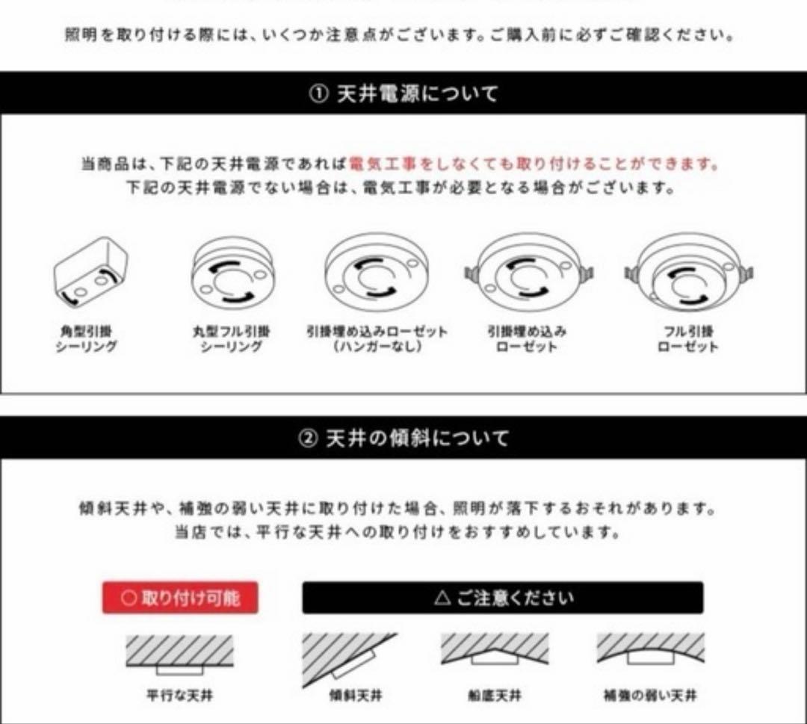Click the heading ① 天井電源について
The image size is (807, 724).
[403, 93]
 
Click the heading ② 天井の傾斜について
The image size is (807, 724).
[403, 438]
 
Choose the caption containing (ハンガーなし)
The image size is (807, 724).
[377, 347]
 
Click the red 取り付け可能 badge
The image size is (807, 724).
[180, 598]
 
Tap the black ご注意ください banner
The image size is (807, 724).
[502, 598]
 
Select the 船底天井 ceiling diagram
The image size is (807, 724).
[494, 651]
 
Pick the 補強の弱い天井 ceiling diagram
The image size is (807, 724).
[650, 651]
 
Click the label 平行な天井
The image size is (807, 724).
[179, 696]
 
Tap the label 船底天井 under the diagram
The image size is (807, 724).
[494, 696]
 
